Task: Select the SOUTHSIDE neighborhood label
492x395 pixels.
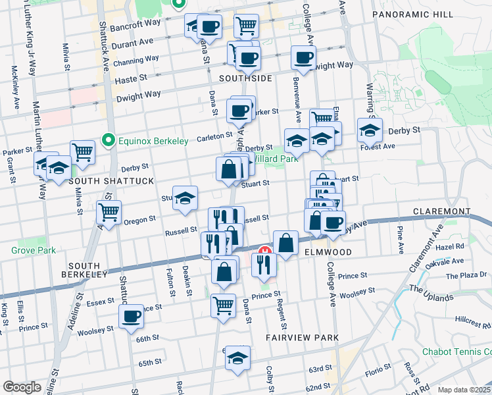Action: (x=245, y=78)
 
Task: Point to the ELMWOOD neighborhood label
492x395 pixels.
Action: (x=327, y=252)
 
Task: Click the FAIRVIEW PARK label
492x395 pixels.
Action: (x=302, y=338)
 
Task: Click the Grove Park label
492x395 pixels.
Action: (x=29, y=250)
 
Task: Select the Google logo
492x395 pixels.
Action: (x=22, y=386)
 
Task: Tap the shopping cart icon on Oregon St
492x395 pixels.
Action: (x=109, y=211)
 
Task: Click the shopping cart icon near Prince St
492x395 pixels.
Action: (x=223, y=304)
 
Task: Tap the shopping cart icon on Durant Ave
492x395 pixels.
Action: (x=246, y=25)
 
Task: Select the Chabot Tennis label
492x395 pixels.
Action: (x=456, y=352)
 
